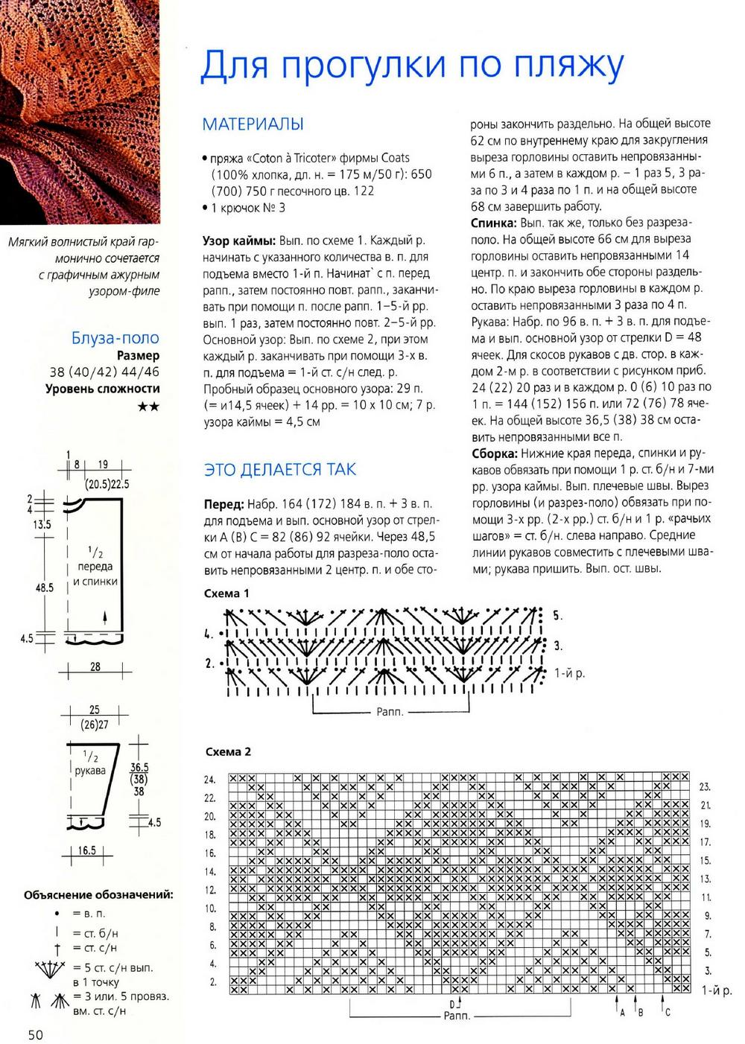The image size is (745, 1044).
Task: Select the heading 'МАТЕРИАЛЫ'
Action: (253, 124)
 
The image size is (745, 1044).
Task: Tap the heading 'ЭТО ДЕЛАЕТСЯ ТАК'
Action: (279, 469)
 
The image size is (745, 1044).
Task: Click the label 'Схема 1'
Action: (226, 593)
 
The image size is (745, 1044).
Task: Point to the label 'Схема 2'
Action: (227, 751)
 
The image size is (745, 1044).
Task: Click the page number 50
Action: (37, 1034)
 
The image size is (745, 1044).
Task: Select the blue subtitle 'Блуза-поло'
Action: (115, 338)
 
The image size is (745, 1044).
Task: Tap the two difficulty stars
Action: (149, 407)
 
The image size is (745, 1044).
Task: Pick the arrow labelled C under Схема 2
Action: (665, 1010)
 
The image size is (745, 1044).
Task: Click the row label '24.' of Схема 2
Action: (210, 780)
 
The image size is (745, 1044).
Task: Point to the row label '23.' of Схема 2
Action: (705, 787)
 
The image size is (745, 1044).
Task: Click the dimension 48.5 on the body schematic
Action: (45, 588)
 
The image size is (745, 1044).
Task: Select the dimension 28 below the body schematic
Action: (95, 666)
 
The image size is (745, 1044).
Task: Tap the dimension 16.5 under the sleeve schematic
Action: (87, 850)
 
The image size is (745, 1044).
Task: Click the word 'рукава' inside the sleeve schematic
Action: (90, 771)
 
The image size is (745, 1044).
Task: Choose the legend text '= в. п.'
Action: (89, 913)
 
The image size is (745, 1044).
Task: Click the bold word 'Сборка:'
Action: (494, 453)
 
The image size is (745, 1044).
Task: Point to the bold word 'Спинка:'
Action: (495, 223)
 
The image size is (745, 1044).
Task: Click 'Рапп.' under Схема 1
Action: (390, 712)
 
